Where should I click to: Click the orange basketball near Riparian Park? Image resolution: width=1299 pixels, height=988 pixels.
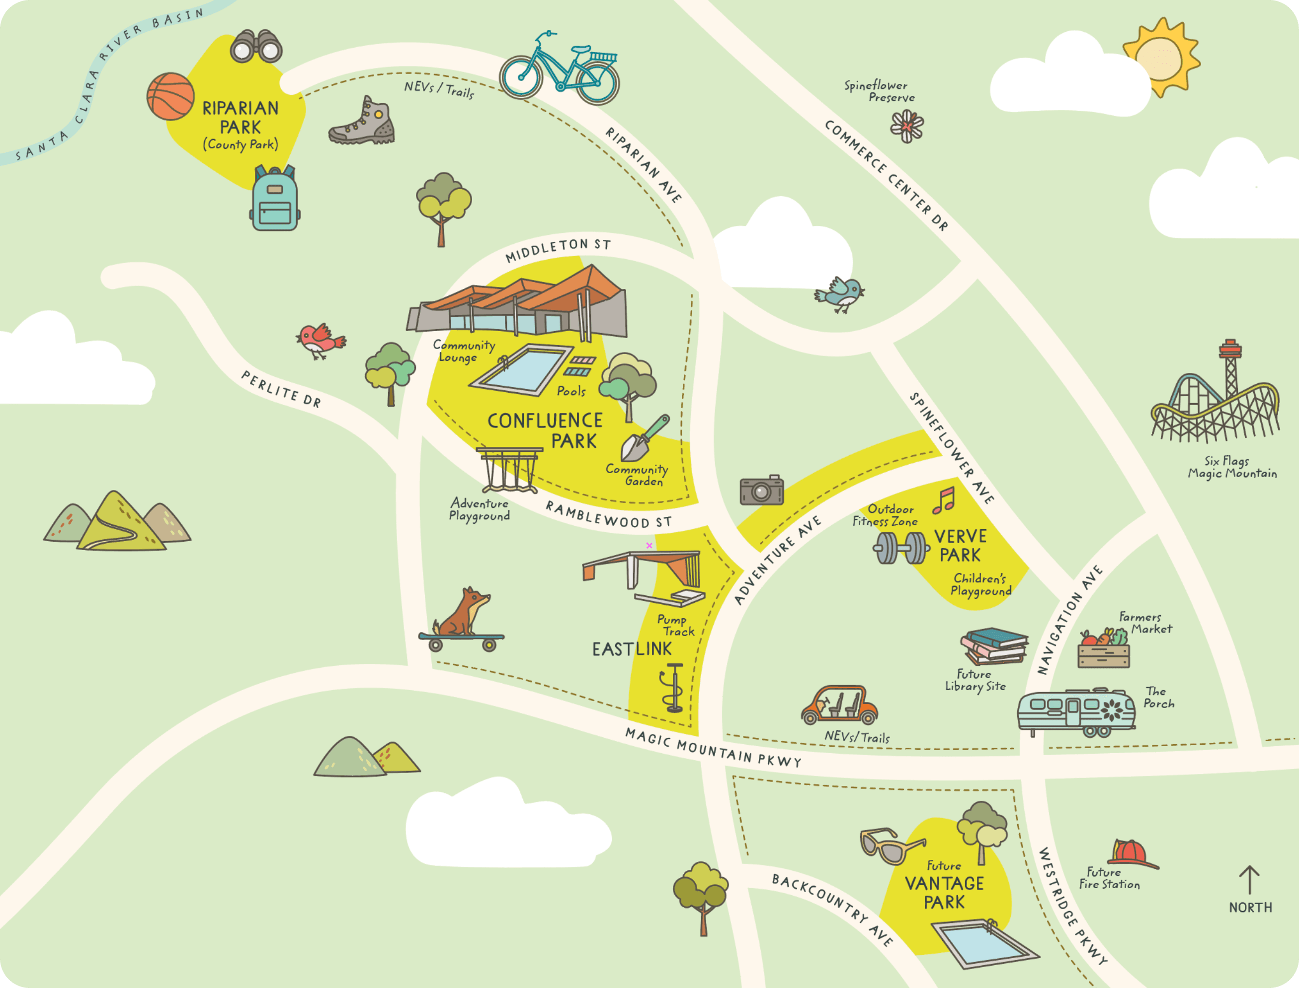coord(170,95)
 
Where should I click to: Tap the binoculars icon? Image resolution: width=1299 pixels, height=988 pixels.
coord(256,47)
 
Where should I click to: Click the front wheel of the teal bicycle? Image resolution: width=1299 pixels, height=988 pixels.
coord(598,83)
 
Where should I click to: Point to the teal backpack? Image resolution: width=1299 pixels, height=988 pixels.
coord(275,200)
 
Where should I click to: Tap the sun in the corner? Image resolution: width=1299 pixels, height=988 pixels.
coord(1159,57)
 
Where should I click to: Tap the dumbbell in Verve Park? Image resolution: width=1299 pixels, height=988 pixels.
coord(900,548)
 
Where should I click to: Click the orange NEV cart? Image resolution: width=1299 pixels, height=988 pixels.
coord(839,705)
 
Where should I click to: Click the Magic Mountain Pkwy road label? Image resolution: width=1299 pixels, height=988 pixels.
coord(713,749)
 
